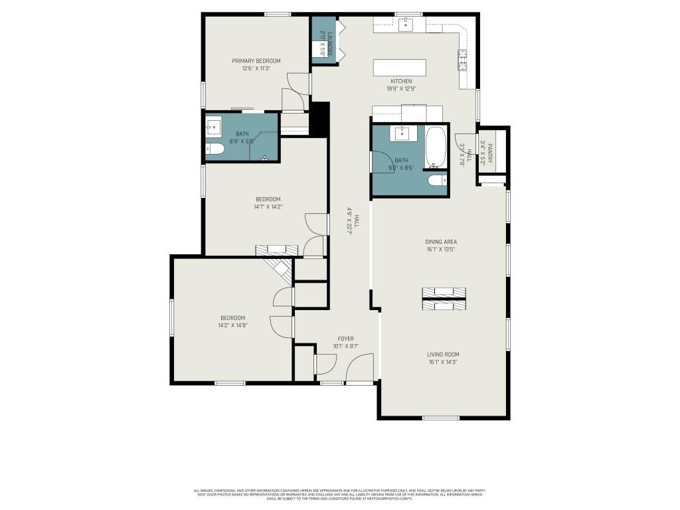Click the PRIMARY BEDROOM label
pos(256,61)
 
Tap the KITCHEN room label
pos(401,81)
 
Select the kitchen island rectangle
pos(400,68)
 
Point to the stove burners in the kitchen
pos(463,60)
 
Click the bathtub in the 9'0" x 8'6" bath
pos(436,146)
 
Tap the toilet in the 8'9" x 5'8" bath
pos(214,149)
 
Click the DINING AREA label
pos(441,242)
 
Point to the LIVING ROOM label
pos(443,355)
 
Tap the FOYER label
pos(345,339)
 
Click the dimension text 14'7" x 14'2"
pos(268,207)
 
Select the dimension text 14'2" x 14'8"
pos(232,325)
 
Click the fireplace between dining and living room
pos(444,298)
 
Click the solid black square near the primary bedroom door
pos(320,119)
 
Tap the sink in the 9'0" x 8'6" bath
pos(403,134)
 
